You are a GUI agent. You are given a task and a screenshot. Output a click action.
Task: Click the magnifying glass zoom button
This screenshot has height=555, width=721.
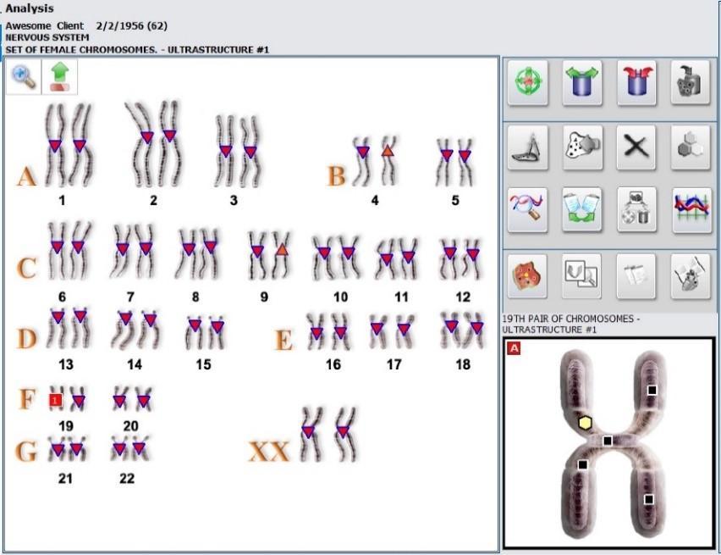coord(24,76)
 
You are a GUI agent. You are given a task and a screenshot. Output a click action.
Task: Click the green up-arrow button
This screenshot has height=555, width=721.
coord(60,76)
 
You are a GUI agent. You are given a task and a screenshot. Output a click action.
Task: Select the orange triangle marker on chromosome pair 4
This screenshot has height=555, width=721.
coord(388,150)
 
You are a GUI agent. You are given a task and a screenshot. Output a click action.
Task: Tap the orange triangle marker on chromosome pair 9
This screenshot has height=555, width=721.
coord(282,249)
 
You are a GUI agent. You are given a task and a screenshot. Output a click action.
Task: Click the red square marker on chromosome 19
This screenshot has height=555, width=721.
coord(55,400)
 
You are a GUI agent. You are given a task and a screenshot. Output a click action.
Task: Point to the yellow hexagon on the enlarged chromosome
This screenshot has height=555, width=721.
coord(585,423)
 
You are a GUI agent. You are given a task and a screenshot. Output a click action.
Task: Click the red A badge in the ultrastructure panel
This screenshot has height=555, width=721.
coord(514,347)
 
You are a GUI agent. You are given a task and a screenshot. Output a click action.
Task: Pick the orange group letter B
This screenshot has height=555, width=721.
coord(336,176)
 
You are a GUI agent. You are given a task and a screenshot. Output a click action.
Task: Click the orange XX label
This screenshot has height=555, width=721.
coord(269,451)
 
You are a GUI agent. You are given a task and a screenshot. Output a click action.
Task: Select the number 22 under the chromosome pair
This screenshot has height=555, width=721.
coord(127,479)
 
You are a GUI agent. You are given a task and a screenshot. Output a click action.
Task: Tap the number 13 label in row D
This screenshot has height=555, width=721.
coord(66,364)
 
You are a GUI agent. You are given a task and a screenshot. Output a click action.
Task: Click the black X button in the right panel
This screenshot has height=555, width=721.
coord(636,147)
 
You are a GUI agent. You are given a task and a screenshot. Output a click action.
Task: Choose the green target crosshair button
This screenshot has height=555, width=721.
coord(528,83)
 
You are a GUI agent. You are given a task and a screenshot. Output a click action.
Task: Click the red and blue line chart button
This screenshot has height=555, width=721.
coord(691,209)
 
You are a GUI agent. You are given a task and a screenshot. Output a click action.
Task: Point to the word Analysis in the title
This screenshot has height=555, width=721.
coord(30,8)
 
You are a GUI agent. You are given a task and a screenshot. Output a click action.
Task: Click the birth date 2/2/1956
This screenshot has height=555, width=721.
coord(119,25)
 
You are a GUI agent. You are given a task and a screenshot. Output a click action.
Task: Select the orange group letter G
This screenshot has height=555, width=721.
coord(25,452)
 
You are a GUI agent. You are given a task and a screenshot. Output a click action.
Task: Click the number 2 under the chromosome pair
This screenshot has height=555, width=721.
coord(153,200)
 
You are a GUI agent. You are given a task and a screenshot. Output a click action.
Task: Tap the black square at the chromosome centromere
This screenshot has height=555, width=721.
coord(607,441)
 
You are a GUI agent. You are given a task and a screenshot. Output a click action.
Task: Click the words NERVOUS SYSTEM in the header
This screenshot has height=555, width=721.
coord(47,37)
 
